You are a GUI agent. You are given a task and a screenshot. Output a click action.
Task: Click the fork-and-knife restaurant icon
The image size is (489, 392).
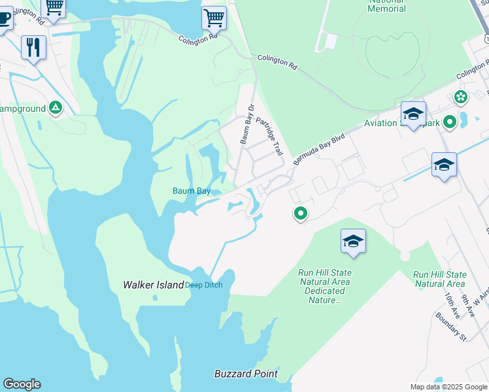pos(33,48)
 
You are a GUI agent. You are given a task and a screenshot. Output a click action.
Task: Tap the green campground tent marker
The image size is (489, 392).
pos(56,108)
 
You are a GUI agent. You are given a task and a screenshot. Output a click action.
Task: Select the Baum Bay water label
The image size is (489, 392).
pos(192,191)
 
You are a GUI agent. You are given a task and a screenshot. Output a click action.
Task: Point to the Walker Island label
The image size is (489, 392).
pos(154,285)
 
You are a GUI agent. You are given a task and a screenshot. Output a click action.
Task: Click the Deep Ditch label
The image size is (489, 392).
pos(204,285)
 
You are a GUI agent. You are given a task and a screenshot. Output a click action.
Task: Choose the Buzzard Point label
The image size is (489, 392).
pos(246,374)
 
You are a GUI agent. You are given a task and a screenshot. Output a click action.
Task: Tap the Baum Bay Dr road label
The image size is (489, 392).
pos(246,123)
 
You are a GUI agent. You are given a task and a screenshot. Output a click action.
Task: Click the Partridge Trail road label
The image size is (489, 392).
pos(269,136)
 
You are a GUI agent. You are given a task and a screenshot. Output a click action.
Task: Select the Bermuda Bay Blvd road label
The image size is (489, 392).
pos(318,150)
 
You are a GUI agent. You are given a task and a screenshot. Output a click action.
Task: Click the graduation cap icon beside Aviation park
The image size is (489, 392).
pos(413,114)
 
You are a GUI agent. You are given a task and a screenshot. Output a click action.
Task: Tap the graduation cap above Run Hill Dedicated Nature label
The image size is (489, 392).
pos(353,242)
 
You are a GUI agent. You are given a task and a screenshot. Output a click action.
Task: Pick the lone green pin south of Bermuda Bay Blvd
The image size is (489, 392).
pos(301,213)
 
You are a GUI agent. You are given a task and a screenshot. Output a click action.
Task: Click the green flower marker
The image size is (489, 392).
pos(461,97)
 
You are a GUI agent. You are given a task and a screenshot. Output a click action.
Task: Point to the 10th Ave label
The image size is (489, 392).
pos(451,305)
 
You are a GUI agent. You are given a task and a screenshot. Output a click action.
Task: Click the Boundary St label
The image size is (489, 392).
pos(451,327)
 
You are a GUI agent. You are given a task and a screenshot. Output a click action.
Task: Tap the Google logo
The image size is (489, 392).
pos(22,384)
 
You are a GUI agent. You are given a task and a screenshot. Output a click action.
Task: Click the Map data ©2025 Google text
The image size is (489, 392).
pos(448,387)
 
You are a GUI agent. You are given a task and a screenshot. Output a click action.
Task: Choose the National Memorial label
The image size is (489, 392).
pos(387,6)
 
